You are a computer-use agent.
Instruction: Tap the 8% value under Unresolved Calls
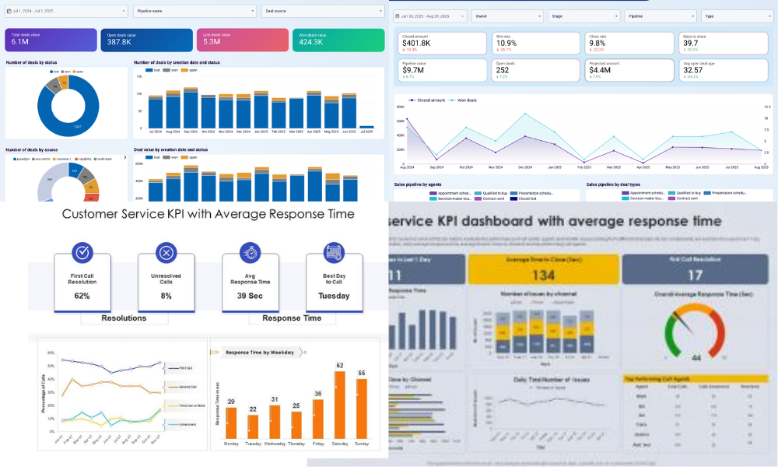coord(165,296)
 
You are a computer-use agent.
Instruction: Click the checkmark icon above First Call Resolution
coord(82,252)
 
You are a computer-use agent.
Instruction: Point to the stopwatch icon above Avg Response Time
coord(250,252)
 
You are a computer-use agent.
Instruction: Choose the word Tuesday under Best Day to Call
coord(334,296)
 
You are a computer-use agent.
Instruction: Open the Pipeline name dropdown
coord(194,12)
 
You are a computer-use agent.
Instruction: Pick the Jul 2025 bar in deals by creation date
coord(366,126)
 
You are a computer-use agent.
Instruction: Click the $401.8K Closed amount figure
coord(417,44)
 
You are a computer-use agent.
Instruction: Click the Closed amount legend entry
coord(430,100)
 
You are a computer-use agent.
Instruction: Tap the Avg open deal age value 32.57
coord(694,70)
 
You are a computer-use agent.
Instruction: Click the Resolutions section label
coord(124,318)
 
